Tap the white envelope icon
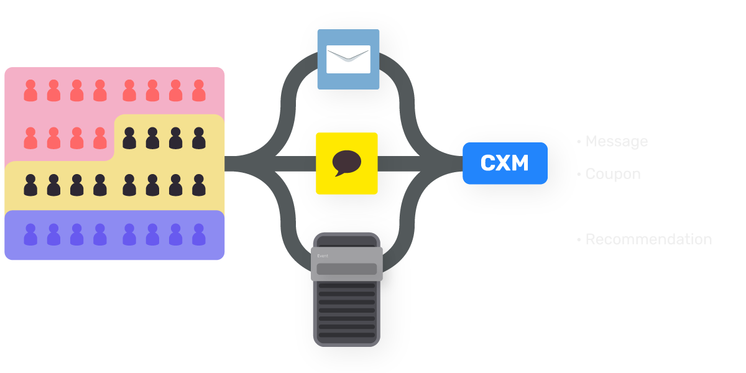tap(348, 59)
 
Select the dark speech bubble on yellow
tap(346, 163)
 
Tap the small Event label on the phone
tap(323, 256)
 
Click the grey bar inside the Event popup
tap(346, 269)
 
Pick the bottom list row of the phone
tap(346, 334)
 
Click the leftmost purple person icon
tap(30, 235)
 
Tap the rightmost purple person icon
tap(199, 235)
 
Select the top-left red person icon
tap(30, 91)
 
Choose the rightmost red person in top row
tap(199, 91)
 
